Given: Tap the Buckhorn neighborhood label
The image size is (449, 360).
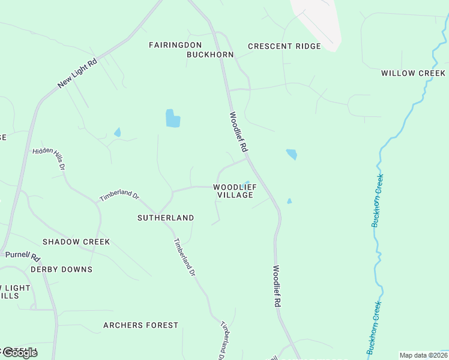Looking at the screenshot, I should (209, 55).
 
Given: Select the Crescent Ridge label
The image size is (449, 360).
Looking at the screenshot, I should (284, 46).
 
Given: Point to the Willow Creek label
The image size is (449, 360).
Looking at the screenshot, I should (413, 73).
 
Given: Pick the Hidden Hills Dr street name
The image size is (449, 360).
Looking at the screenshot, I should (49, 158).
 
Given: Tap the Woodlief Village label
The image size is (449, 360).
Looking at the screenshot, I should (235, 191).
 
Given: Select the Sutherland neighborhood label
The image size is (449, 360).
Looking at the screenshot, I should (166, 218).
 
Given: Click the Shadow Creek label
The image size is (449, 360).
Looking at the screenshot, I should (76, 242).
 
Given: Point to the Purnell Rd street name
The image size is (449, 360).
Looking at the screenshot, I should (23, 256).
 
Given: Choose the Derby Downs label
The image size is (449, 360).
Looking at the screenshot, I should (61, 269).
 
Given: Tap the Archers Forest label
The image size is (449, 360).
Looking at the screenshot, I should (140, 325).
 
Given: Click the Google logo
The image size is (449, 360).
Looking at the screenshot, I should (19, 353).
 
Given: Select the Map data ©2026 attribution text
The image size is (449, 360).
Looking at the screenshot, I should (423, 355).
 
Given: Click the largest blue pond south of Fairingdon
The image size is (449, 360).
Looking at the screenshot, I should (172, 119).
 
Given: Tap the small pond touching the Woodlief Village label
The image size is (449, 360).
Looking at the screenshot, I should (246, 183).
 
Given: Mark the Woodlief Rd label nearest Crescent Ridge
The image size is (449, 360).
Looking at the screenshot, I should (238, 131).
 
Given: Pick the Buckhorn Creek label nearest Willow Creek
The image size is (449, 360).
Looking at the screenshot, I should (377, 200).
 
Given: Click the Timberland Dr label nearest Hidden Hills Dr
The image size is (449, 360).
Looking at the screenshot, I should (119, 196).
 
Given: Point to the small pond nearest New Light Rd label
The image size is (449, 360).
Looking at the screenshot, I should (118, 132).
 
